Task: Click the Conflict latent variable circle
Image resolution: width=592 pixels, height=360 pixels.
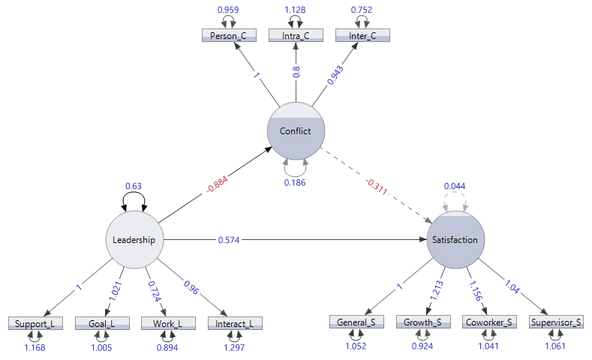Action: pos(296,130)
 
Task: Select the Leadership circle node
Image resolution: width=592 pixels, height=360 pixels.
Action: pos(134,240)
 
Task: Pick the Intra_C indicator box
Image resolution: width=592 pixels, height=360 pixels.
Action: pos(296,35)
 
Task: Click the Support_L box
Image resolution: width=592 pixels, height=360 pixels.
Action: pos(35,323)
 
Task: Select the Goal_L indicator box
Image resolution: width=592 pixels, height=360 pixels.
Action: pos(101,323)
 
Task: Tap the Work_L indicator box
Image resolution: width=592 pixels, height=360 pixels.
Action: pos(168,323)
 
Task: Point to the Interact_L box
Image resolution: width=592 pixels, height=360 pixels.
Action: pos(234,323)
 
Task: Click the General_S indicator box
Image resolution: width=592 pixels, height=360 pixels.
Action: pos(356,322)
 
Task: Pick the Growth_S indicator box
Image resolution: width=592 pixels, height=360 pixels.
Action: pos(423,322)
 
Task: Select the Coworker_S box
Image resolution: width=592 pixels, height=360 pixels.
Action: pos(489,322)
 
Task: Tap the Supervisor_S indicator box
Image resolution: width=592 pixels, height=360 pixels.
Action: pos(557,322)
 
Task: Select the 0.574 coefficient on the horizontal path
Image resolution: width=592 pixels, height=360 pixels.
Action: pos(229,240)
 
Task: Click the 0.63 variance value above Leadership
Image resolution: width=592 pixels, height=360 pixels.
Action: pos(133,187)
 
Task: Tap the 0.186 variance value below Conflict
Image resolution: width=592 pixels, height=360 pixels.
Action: pos(296,182)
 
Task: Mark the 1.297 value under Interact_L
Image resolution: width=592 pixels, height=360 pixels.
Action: pos(235,347)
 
